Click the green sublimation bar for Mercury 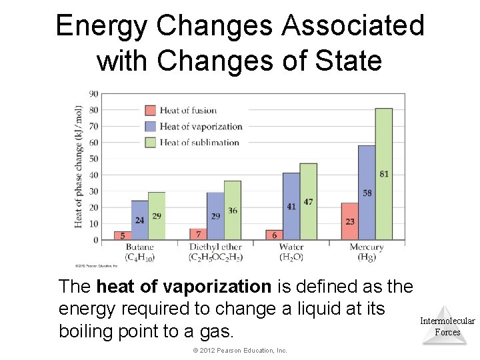(x=383, y=173)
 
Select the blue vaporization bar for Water (x=291, y=206)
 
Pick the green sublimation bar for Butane (x=157, y=216)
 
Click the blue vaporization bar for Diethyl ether (x=215, y=216)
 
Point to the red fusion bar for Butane (x=123, y=235)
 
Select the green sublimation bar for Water (x=308, y=201)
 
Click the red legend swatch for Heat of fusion (x=151, y=110)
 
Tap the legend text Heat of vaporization (x=201, y=126)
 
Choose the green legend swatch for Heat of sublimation (x=151, y=142)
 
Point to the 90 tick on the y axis (x=93, y=93)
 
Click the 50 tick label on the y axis (x=93, y=159)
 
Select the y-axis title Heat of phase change (x=79, y=167)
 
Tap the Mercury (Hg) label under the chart (x=366, y=252)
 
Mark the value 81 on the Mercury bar (x=384, y=174)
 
